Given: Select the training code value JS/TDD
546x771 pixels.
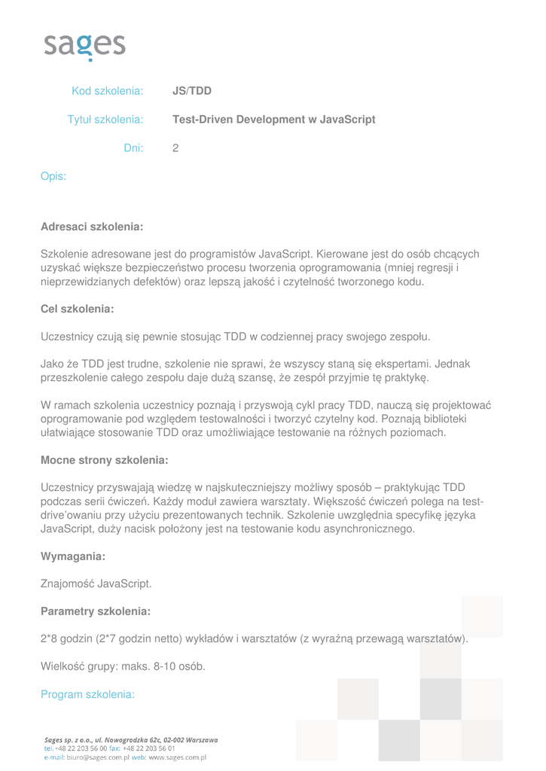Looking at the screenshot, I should tap(192, 91).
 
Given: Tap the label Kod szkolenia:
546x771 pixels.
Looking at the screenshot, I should tap(107, 91).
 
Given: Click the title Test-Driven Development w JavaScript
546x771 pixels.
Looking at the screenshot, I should tap(274, 120).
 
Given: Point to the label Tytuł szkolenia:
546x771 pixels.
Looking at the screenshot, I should tap(105, 120).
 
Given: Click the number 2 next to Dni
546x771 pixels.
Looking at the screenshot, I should tap(175, 148).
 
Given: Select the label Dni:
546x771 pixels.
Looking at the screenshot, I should tap(133, 148).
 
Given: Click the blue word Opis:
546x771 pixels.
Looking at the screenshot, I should tap(53, 177).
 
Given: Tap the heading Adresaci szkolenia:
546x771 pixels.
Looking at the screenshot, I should tap(92, 226).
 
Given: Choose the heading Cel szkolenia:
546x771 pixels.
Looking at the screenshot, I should tap(77, 309).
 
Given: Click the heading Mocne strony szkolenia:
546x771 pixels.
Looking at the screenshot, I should tap(104, 459).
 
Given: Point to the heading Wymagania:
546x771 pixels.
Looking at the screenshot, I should tap(72, 556).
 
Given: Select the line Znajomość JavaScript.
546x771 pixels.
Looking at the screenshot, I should tap(96, 584).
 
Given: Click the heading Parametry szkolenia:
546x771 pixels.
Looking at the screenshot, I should tap(96, 611).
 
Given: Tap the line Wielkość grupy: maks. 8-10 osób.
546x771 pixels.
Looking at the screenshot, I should tap(123, 666).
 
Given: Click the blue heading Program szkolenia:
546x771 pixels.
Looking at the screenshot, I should tap(87, 694).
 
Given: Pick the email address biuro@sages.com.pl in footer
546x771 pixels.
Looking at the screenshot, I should tap(94, 757).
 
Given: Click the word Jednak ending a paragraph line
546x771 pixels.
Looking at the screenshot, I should tap(453, 364).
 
